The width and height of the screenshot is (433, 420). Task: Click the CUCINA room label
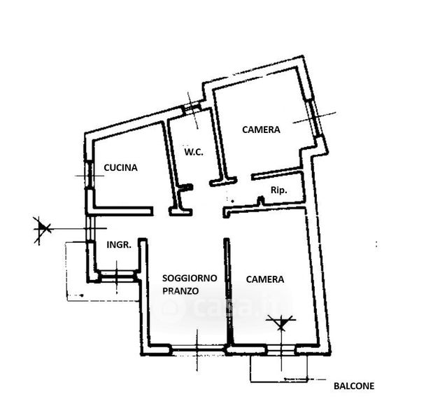point(120,168)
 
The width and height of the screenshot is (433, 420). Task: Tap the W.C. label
point(194,153)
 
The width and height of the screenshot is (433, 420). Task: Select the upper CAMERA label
point(261,129)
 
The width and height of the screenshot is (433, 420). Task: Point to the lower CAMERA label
point(265,279)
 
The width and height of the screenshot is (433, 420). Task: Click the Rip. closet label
point(278,190)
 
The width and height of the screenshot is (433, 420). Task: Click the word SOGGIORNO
point(190,278)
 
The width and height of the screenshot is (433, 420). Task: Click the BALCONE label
point(353,386)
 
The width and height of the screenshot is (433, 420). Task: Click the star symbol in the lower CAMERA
point(282,323)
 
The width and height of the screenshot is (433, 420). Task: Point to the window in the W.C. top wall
point(192,108)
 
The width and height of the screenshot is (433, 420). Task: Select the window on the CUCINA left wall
point(88,174)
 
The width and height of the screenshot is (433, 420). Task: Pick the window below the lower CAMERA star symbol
point(282,349)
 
